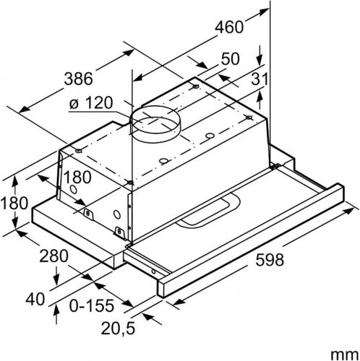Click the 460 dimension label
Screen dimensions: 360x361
[229, 27]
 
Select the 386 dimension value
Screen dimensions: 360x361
[79, 79]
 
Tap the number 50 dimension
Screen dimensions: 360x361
[231, 59]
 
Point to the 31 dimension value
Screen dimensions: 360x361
[260, 79]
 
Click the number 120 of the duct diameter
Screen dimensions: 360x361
[99, 103]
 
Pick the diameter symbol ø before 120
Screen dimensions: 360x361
[74, 104]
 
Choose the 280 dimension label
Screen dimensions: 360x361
[54, 256]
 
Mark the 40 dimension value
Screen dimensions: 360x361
[35, 300]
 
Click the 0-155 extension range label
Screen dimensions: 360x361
[92, 305]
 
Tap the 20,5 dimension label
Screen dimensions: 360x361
[118, 329]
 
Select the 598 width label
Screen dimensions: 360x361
[270, 260]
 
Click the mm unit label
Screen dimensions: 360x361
[345, 355]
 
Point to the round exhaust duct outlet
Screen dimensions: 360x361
[155, 124]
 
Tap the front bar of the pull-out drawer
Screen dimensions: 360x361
[251, 240]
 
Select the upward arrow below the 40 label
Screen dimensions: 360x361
[56, 314]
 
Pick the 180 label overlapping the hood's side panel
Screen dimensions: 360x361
[77, 177]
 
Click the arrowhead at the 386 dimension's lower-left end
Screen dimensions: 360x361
[25, 110]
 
